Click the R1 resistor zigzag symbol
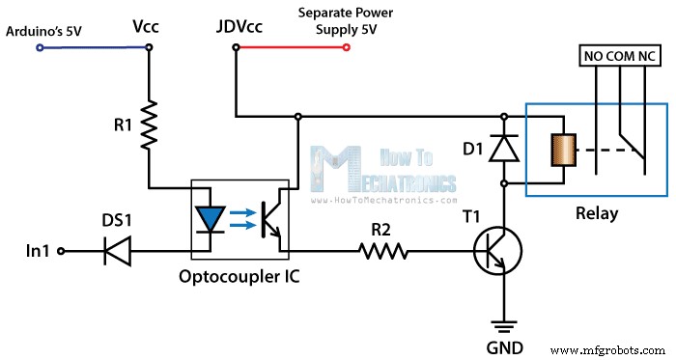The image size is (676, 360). [x=149, y=126]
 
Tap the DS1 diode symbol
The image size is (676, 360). [x=118, y=252]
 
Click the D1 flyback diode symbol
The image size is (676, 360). [x=503, y=148]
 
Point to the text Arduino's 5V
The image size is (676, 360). [x=42, y=30]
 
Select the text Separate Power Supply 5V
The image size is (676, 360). [x=346, y=21]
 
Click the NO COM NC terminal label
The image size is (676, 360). [x=621, y=57]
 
